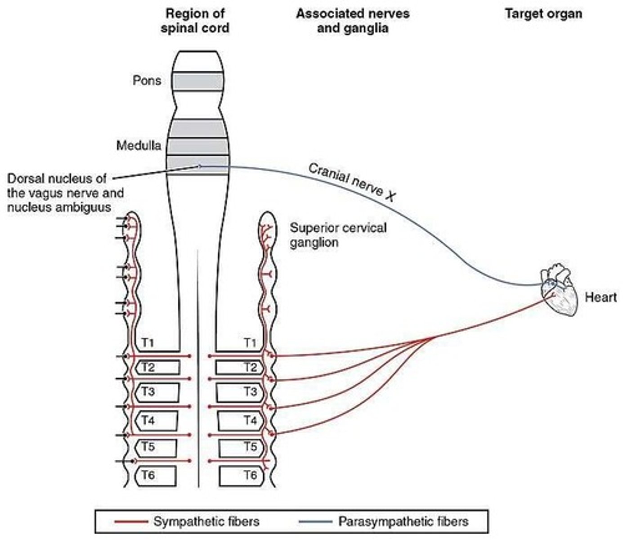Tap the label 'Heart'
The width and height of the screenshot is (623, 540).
(601, 297)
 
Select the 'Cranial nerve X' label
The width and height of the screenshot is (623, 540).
(351, 182)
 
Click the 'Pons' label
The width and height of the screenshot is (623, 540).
(147, 81)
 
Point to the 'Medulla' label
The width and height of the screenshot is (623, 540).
(139, 145)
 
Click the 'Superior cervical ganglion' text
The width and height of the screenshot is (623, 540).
(338, 235)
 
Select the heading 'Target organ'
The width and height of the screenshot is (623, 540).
(543, 14)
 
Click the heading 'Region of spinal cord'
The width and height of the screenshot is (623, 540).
(195, 21)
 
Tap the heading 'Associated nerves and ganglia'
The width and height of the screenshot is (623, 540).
(353, 21)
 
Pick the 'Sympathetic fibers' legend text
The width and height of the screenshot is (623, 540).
(206, 522)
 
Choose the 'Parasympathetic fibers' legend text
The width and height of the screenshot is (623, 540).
(403, 522)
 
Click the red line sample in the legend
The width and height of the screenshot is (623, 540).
(131, 522)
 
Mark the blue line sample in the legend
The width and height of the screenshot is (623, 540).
(315, 522)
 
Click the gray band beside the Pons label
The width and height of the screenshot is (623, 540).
(198, 81)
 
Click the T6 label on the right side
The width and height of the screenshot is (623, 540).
(251, 475)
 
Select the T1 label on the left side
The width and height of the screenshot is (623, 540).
(148, 343)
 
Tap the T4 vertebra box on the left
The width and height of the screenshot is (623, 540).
(157, 420)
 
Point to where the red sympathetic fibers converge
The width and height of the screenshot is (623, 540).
(434, 337)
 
